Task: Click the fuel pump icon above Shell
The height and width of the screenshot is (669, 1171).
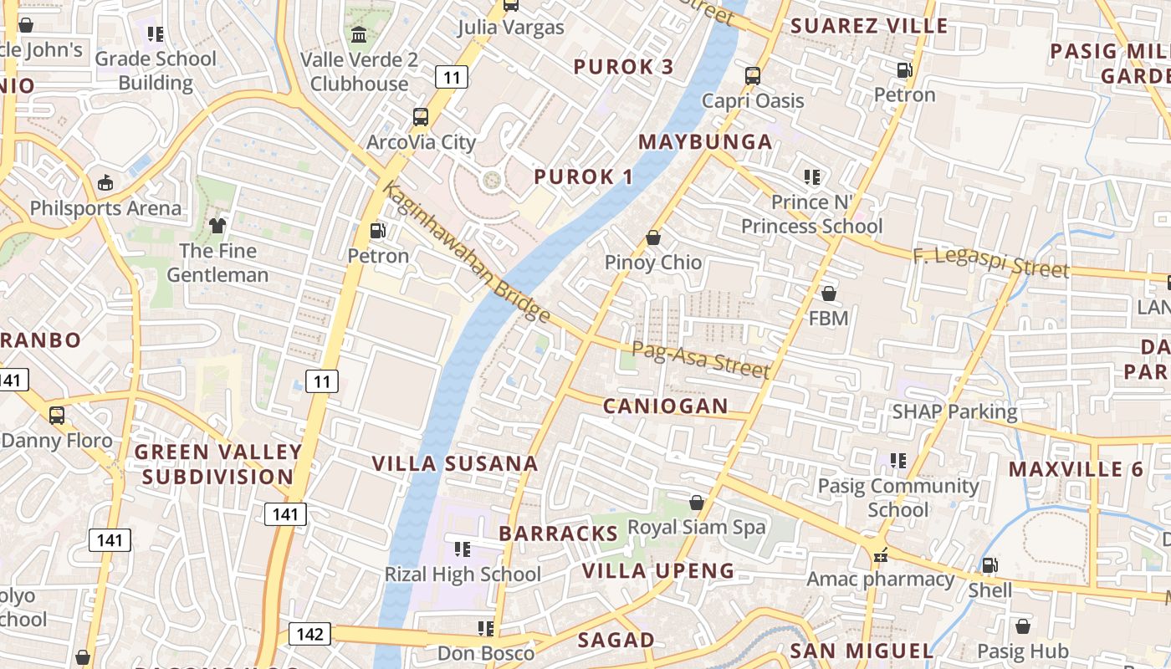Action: click(989, 565)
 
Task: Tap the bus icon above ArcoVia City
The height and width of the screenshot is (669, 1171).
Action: click(421, 117)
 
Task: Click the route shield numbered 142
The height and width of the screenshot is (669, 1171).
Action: click(309, 634)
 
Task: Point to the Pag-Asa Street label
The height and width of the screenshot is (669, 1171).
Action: click(700, 360)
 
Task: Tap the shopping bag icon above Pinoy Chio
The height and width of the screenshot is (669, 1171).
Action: click(653, 238)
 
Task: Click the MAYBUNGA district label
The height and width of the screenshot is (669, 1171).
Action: click(705, 141)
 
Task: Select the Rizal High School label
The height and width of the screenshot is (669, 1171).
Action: click(463, 575)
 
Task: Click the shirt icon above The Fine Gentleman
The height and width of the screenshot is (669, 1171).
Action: click(217, 226)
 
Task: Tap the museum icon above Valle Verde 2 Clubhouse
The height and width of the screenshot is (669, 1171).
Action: click(359, 35)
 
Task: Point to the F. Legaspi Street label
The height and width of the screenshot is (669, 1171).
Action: click(990, 262)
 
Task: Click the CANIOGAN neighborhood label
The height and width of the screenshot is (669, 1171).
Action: click(666, 406)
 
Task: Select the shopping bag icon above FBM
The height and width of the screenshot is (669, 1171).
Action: click(829, 294)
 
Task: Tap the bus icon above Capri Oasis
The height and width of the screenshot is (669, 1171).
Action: click(753, 76)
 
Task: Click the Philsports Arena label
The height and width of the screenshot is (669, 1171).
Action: click(105, 207)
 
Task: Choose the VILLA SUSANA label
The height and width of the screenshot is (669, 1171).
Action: click(455, 463)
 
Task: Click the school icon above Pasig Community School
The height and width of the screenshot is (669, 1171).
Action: click(898, 461)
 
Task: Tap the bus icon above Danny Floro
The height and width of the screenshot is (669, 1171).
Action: click(57, 416)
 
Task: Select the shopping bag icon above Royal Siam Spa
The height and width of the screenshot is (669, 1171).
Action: click(696, 503)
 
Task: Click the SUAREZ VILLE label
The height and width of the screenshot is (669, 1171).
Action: click(869, 25)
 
